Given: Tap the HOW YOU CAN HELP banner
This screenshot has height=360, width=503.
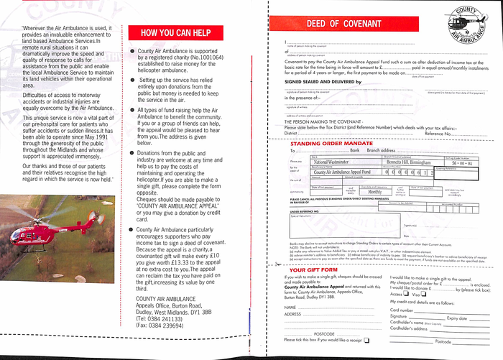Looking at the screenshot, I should pos(176,33).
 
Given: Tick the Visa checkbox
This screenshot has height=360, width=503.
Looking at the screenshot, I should pos(424,294).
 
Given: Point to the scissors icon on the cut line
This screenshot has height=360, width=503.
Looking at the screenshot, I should pos(272,265).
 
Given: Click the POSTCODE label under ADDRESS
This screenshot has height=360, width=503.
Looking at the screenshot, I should pos(325,334).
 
